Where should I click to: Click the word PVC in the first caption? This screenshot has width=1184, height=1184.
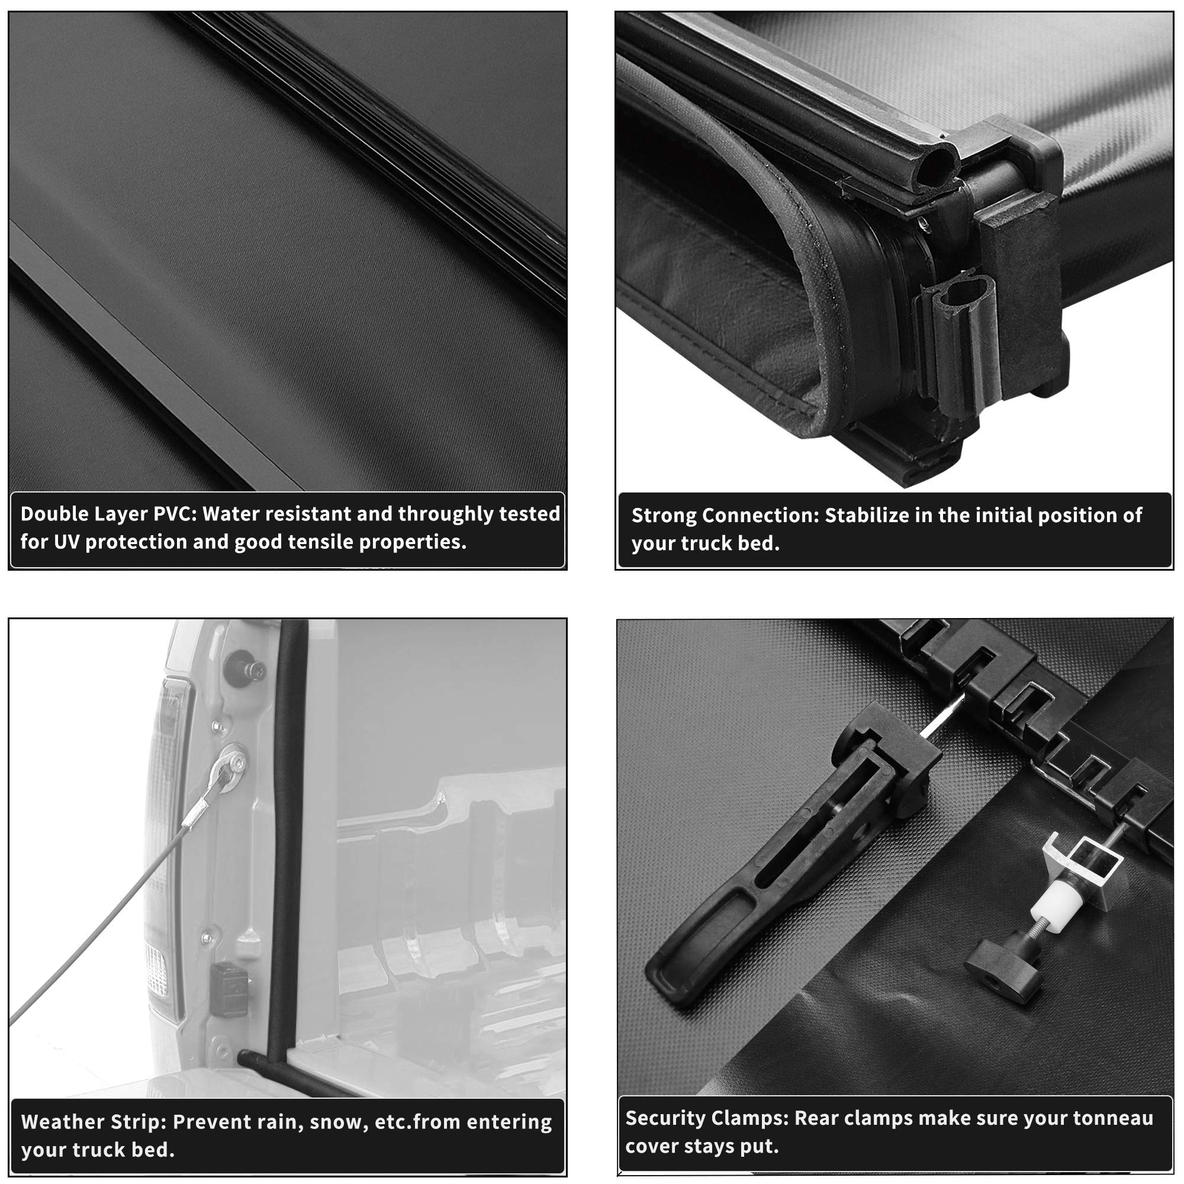point(174,513)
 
